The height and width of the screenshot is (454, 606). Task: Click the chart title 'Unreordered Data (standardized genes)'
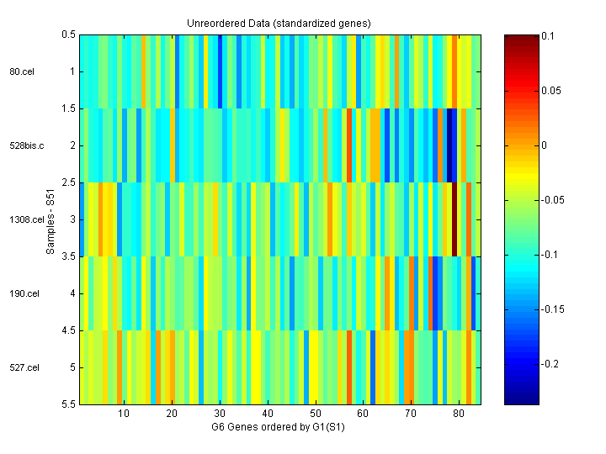click(279, 23)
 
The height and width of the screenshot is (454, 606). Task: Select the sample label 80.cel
click(22, 71)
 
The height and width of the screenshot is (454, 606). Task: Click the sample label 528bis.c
click(25, 145)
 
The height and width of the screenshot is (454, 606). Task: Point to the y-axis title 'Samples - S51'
click(52, 219)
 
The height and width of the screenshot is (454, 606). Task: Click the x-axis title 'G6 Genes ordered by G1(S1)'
click(279, 427)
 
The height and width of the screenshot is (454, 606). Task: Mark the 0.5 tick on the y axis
click(68, 34)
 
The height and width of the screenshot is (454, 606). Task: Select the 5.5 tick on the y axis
click(68, 404)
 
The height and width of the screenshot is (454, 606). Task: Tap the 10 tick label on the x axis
click(124, 414)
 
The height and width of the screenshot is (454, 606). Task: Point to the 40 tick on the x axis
click(267, 414)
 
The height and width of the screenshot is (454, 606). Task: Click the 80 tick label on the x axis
click(458, 414)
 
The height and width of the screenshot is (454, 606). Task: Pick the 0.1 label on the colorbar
click(547, 35)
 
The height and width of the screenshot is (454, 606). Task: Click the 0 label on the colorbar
click(545, 145)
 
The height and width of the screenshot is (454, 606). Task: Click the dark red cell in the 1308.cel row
click(454, 219)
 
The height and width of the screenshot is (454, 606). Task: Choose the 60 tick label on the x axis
click(363, 414)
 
